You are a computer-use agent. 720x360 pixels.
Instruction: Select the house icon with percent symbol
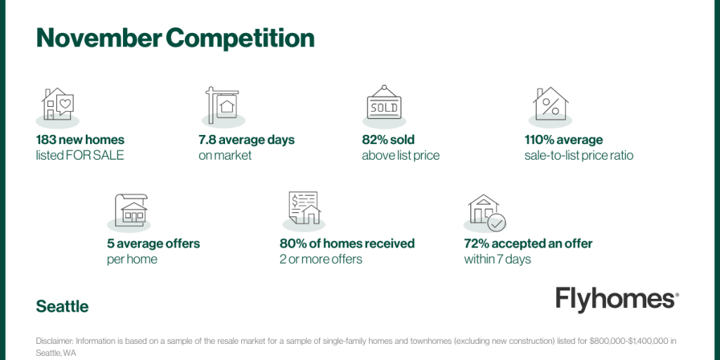[551, 103]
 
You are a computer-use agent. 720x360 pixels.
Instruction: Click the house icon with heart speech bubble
[58, 104]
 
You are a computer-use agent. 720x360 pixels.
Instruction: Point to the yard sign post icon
[222, 105]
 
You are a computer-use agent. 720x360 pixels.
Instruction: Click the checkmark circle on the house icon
[496, 222]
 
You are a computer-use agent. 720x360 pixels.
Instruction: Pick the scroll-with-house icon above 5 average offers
[131, 210]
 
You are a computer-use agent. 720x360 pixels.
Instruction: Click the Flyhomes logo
[617, 300]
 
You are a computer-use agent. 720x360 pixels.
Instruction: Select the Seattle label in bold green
[63, 307]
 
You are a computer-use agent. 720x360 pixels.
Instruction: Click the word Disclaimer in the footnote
[55, 341]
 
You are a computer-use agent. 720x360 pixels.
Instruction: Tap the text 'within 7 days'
[497, 259]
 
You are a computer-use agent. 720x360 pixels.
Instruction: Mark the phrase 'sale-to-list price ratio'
[579, 155]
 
